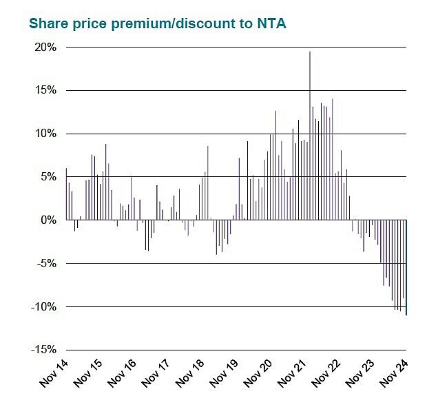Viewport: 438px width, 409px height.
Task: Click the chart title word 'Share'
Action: [x=48, y=23]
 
